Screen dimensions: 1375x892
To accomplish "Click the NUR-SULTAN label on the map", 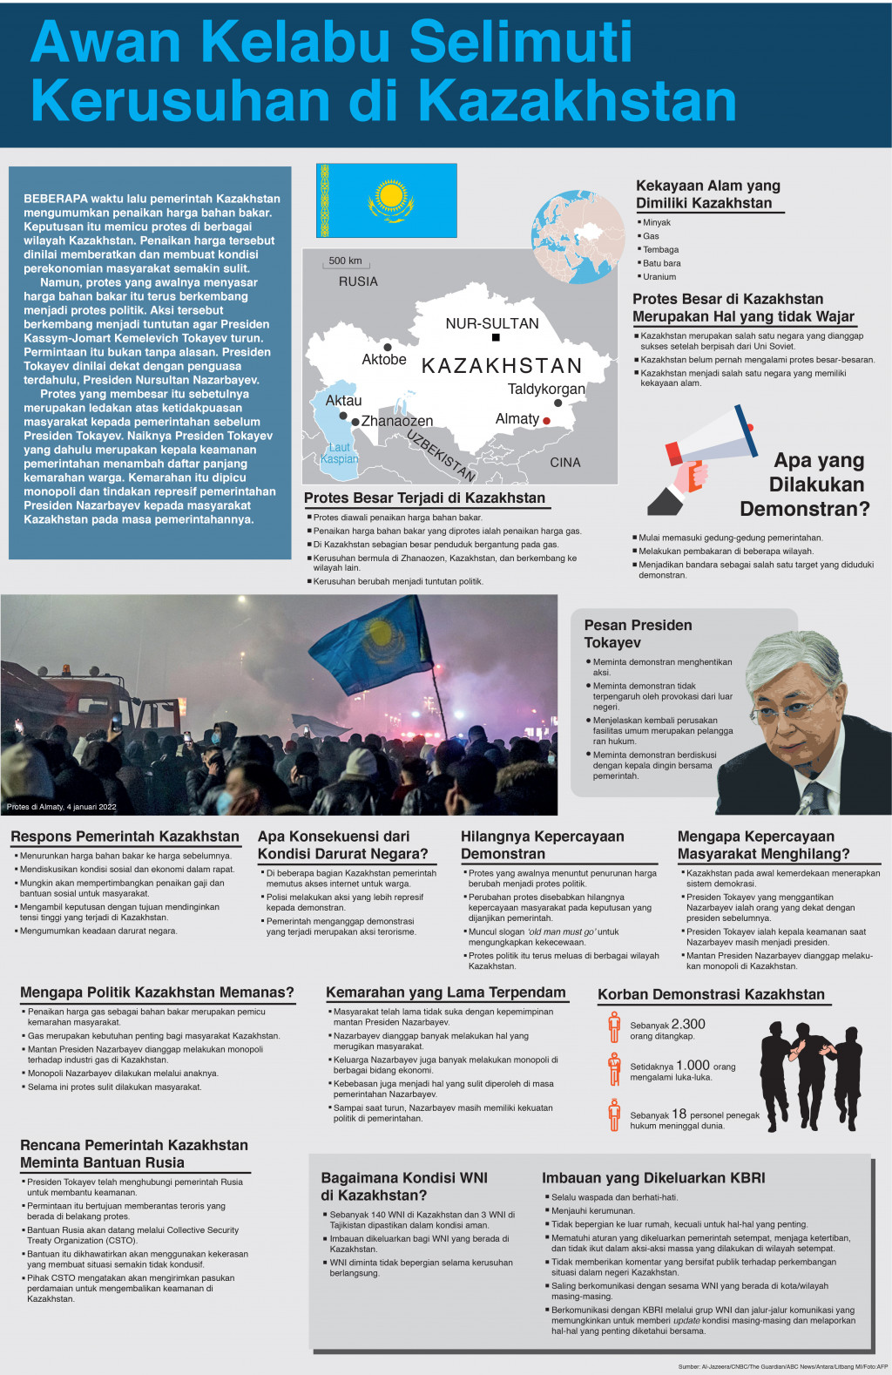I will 492,323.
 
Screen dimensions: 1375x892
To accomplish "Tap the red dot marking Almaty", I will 547,421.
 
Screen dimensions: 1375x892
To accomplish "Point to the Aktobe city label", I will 384,359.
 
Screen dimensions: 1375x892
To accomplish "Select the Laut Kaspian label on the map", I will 339,453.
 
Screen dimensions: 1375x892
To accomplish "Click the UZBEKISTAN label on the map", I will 442,456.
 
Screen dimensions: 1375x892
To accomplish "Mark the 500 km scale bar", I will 346,261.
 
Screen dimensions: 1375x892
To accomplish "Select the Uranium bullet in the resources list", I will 659,276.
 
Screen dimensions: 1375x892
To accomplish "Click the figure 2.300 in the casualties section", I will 688,1024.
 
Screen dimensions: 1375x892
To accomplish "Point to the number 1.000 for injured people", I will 693,1065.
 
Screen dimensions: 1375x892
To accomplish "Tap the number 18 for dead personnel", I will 679,1114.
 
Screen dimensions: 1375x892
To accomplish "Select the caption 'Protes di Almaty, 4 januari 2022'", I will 62,807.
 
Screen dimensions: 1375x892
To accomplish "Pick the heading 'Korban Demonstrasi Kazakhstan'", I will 711,994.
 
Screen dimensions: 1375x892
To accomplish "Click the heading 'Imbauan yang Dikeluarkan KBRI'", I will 653,1178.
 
